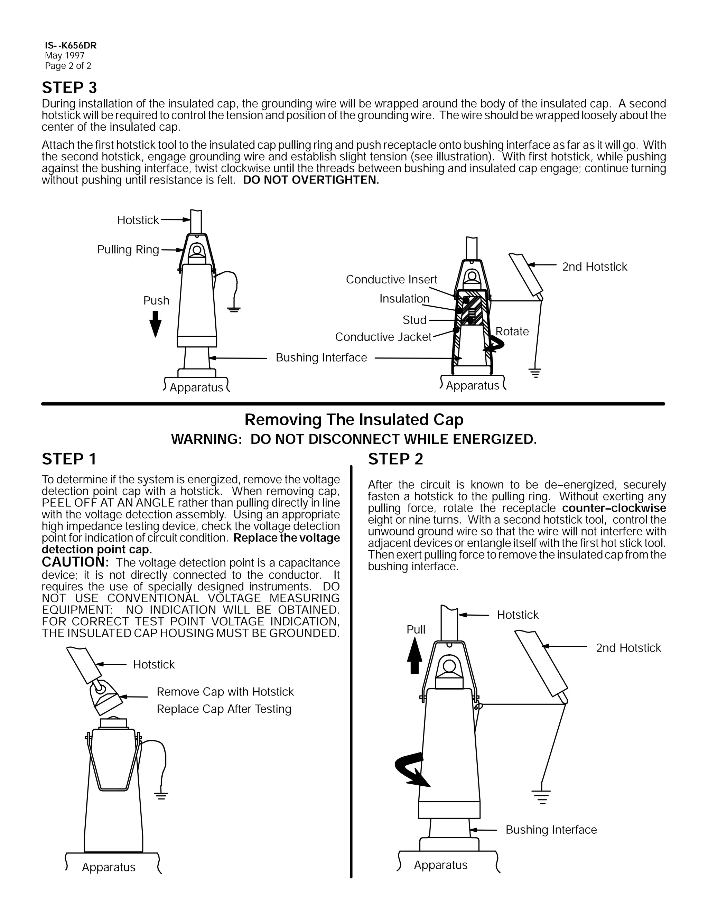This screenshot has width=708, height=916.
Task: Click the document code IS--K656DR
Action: [71, 45]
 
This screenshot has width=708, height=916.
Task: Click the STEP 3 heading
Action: [69, 88]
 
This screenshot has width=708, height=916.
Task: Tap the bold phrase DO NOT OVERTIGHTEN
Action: [311, 180]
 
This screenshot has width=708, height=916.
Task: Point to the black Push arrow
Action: [155, 324]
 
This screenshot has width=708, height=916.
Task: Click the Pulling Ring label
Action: [128, 250]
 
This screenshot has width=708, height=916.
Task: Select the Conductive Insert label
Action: [391, 279]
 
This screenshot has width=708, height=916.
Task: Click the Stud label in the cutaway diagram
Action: [414, 320]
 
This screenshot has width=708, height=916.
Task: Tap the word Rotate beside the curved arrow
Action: [512, 331]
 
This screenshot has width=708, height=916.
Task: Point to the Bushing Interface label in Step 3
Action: [321, 357]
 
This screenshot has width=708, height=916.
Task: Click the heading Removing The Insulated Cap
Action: [354, 419]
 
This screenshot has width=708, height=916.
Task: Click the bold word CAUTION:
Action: [75, 562]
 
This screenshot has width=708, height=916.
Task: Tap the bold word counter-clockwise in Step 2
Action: [614, 508]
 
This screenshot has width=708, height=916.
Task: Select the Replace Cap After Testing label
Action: [224, 709]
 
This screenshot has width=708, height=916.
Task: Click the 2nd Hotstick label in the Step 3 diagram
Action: [594, 267]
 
